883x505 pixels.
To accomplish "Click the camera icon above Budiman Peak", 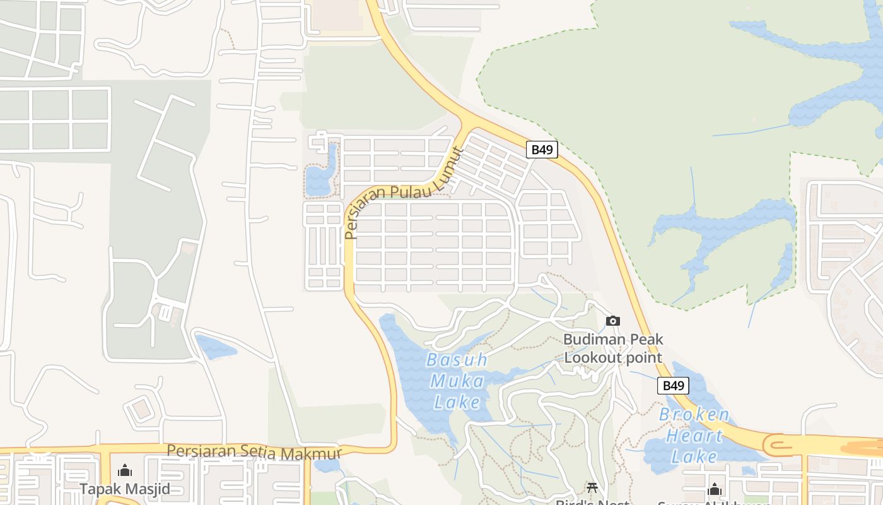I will point(612,321).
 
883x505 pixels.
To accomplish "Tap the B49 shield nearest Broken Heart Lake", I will point(673,386).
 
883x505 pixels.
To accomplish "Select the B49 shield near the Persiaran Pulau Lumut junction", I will point(542,150).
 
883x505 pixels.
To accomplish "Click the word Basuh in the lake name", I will point(457,360).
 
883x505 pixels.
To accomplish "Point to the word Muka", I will point(457,381).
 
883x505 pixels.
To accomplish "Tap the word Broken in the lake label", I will point(694,415).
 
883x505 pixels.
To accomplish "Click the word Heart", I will point(694,436).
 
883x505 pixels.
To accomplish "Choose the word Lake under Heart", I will point(694,456).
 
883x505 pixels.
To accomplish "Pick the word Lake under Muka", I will point(457,402).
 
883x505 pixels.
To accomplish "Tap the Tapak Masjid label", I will point(125,489).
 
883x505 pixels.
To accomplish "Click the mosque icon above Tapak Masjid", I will point(125,470).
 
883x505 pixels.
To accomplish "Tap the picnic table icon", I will point(592,487).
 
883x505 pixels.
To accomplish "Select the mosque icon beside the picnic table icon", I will point(714,489).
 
